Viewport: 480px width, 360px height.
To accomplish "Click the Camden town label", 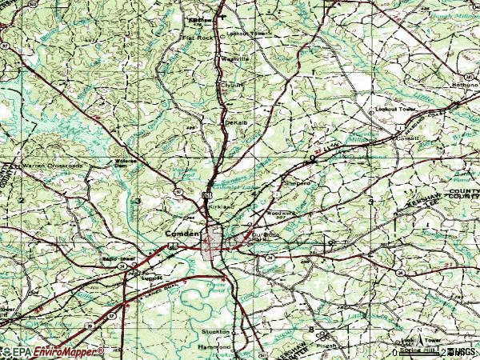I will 180,233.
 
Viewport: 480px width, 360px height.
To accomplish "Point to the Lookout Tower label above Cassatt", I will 394,109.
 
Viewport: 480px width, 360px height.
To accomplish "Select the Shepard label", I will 298,182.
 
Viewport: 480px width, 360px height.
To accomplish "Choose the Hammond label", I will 218,347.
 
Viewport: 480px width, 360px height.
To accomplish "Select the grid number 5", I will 371,200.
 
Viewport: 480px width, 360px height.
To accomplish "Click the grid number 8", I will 311,329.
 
